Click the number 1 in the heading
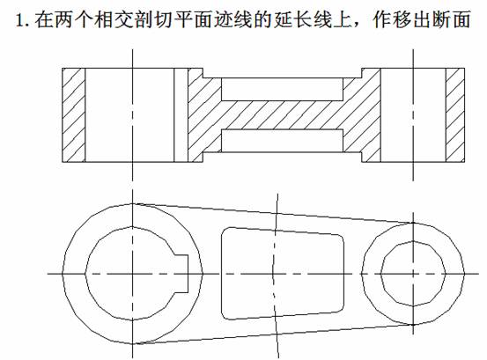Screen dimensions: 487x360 pos(19,20)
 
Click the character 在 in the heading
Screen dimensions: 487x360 pos(43,20)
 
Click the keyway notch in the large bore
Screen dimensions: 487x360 pos(181,274)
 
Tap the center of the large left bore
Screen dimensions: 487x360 pos(133,274)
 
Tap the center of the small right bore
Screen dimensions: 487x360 pos(413,274)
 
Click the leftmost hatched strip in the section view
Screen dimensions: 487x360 pos(74,115)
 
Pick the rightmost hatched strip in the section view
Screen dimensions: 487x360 pos(455,115)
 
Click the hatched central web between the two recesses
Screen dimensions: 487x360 pos(283,114)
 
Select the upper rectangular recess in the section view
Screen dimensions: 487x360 pos(283,89)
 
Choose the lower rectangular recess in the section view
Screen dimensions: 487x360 pos(283,141)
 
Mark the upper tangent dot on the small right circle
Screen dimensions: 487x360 pos(413,223)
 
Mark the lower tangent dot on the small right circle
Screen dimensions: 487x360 pos(413,325)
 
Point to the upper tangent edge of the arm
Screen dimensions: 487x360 pos(273,213)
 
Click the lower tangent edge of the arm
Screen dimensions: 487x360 pos(273,334)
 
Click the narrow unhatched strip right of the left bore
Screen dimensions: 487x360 pos(181,115)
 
